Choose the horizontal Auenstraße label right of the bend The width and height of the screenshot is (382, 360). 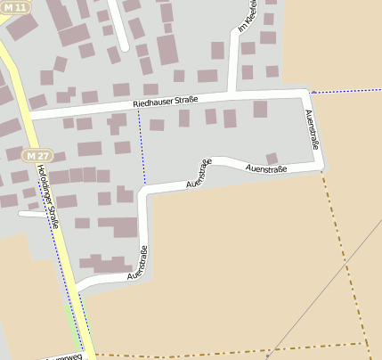coord(265,168)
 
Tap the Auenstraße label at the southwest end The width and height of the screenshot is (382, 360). coord(137,263)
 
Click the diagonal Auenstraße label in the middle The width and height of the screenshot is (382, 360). coord(199,173)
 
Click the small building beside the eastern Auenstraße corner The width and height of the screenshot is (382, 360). coord(272,158)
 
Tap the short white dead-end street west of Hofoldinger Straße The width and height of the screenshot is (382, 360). coord(31,214)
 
